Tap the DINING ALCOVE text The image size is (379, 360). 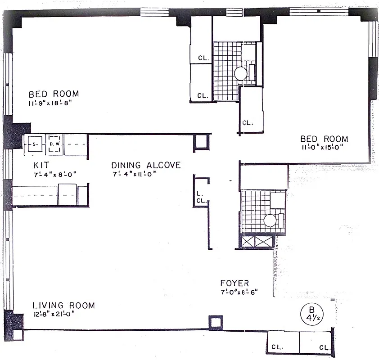[146, 165]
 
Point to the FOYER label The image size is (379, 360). [235, 283]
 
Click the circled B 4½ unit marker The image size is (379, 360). [311, 312]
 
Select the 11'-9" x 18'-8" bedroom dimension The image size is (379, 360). [50, 103]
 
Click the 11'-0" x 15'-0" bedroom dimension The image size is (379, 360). [325, 148]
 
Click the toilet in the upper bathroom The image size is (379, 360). [240, 74]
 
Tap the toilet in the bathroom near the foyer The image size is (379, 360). [270, 220]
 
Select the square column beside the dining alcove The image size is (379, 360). [201, 142]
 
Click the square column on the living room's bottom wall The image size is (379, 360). [215, 322]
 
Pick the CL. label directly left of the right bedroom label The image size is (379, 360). [248, 122]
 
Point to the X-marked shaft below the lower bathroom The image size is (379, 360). [256, 241]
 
